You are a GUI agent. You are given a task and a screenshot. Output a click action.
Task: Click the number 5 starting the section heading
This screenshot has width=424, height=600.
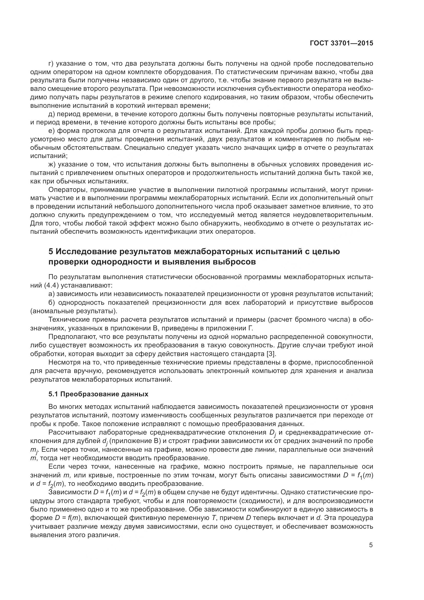51,252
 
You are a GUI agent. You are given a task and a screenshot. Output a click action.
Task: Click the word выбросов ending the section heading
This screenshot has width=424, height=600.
235,262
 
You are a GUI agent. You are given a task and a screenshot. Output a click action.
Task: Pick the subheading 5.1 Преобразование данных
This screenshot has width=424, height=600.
98,394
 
